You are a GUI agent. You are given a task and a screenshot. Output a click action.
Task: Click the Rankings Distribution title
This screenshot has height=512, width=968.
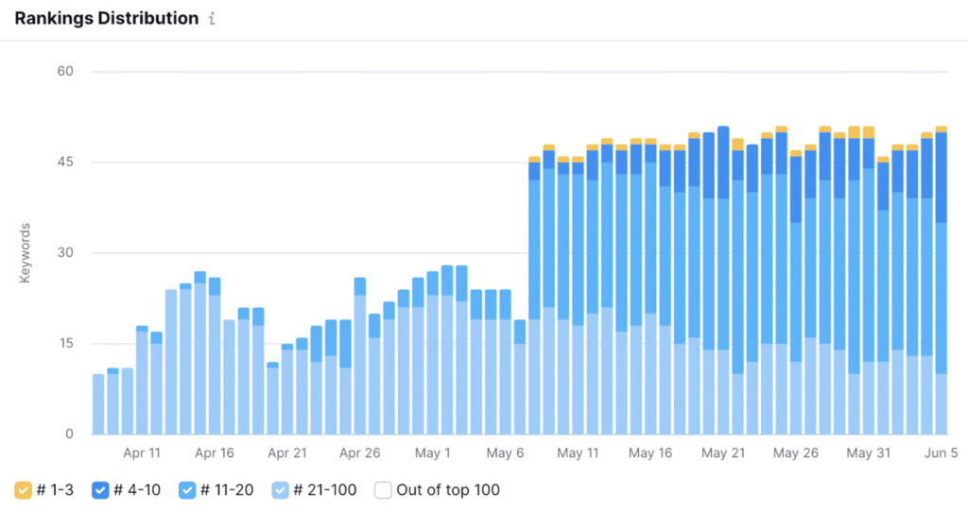[x=106, y=18]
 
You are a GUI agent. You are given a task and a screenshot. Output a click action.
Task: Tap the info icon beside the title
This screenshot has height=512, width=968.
[x=212, y=19]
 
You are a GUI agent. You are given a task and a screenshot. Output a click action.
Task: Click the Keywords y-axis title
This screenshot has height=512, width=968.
[x=26, y=253]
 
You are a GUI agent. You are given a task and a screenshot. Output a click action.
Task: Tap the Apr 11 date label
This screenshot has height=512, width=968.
[x=142, y=453]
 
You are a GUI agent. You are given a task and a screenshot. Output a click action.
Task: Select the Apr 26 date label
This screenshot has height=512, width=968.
[x=359, y=453]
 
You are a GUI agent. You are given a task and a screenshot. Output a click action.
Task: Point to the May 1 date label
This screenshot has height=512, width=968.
[x=432, y=453]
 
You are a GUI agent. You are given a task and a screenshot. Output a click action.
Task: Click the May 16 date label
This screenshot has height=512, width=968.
[x=649, y=453]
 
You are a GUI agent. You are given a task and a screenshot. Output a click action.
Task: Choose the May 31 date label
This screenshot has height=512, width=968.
[x=868, y=453]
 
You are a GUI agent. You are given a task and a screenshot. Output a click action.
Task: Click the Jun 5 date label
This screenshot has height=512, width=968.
[x=941, y=453]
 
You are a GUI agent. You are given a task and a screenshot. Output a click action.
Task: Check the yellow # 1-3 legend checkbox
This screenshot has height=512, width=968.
[x=24, y=490]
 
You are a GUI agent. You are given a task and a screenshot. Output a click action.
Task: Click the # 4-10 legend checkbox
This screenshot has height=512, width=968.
[x=100, y=490]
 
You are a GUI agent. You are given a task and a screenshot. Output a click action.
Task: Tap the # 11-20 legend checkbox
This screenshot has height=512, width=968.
[x=186, y=490]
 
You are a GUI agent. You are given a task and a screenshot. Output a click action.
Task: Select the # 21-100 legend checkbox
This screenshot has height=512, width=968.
[x=281, y=490]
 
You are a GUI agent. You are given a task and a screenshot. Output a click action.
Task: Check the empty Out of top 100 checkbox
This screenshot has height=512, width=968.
[x=383, y=490]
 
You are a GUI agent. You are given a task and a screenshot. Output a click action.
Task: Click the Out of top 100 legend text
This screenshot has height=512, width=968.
[x=449, y=490]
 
